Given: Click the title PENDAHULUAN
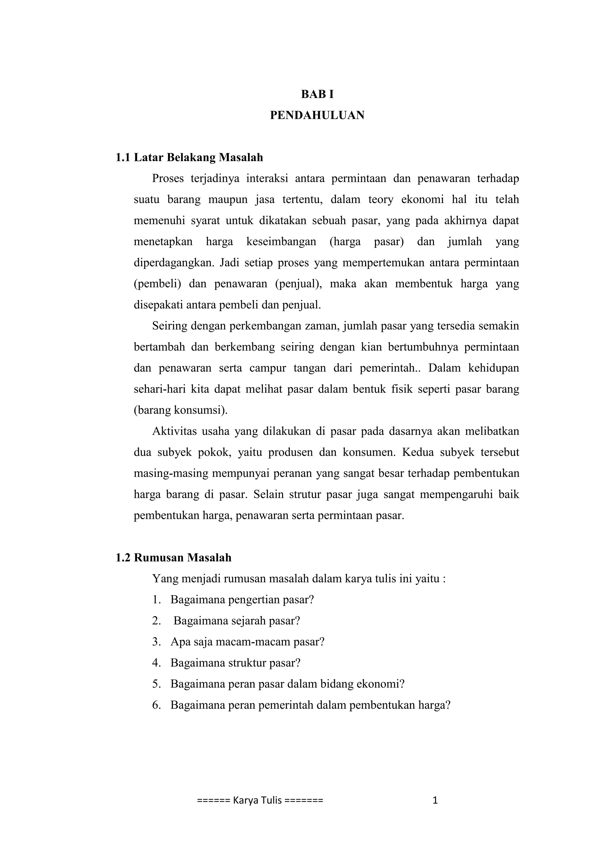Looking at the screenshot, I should click(317, 115).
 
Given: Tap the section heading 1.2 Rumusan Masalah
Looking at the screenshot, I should click(173, 558).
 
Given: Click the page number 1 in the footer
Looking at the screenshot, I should click(435, 800).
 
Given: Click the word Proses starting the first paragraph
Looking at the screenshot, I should click(168, 179).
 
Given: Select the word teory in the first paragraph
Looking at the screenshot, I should click(381, 200).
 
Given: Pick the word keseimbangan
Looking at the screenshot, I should click(281, 242).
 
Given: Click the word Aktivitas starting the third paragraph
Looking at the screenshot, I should click(174, 432).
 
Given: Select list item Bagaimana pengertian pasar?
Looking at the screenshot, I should click(242, 600).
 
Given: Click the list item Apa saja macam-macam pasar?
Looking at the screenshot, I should click(247, 642).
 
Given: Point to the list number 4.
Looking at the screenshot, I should click(156, 663).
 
